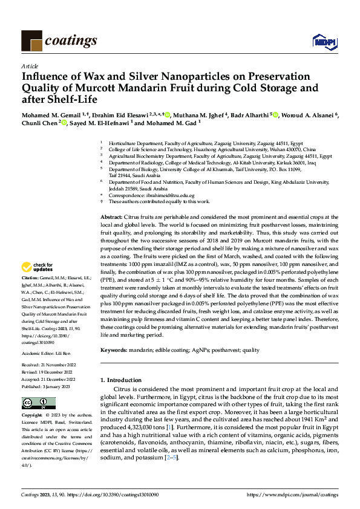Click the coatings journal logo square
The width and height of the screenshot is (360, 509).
click(x=31, y=41)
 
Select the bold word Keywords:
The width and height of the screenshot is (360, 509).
click(x=114, y=349)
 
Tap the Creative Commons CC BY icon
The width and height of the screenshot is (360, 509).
click(x=34, y=403)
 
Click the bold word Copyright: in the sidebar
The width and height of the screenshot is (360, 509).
click(x=33, y=416)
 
